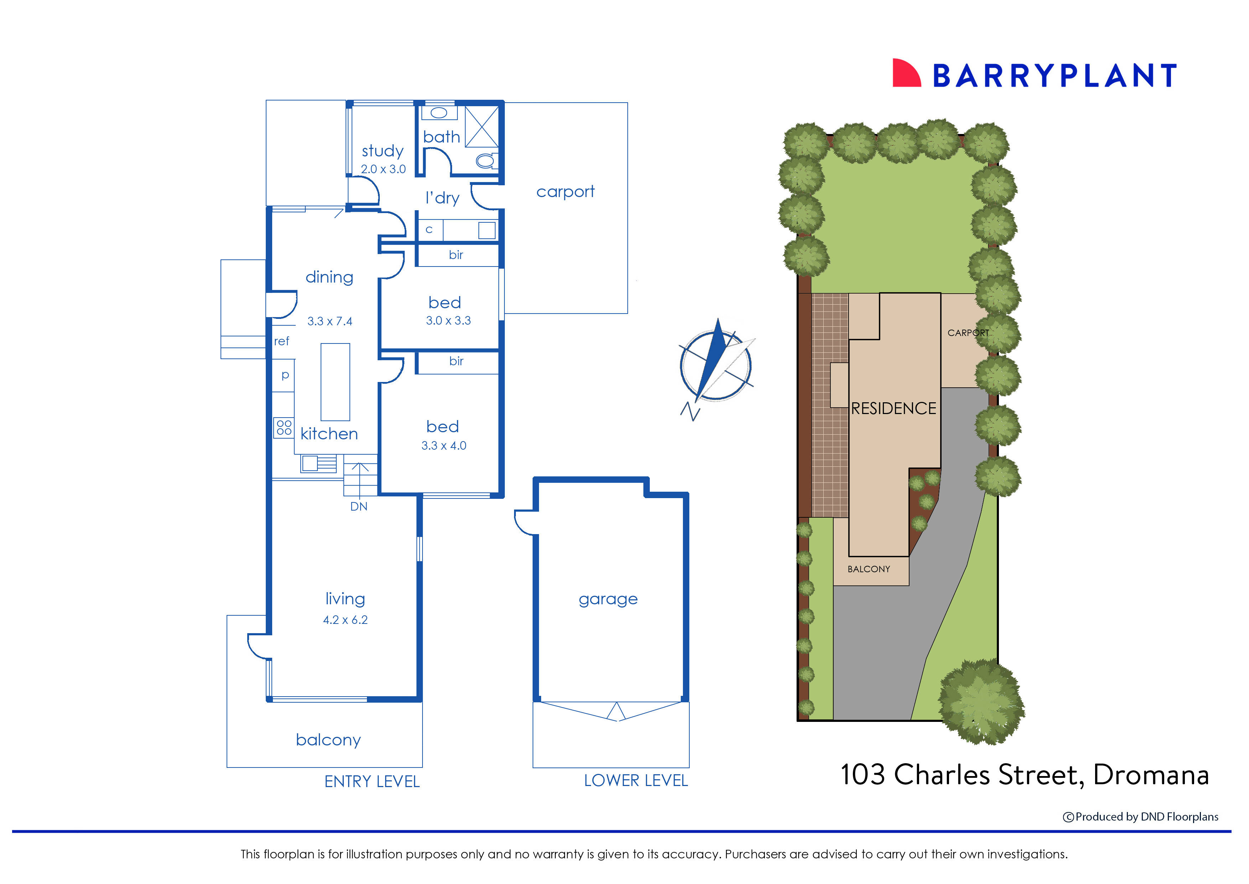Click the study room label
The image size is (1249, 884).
(x=383, y=151)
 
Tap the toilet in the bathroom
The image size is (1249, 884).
(x=486, y=161)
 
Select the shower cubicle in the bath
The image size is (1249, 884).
(x=482, y=127)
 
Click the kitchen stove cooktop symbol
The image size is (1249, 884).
(x=284, y=427)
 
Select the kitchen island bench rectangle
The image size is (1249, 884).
(x=335, y=382)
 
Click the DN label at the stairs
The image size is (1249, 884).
(x=359, y=507)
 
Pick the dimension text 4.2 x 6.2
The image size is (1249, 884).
(x=345, y=620)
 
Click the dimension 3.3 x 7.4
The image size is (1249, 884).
(x=330, y=322)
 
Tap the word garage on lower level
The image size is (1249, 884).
(x=608, y=599)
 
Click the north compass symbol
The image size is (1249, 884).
(x=716, y=365)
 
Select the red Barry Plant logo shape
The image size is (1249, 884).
(x=906, y=74)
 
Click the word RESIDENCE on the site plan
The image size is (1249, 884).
(x=893, y=409)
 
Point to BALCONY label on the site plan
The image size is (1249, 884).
(x=869, y=569)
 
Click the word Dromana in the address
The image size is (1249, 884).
(x=1150, y=775)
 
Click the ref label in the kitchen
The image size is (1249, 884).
(x=281, y=341)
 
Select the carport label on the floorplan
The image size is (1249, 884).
(x=565, y=192)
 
